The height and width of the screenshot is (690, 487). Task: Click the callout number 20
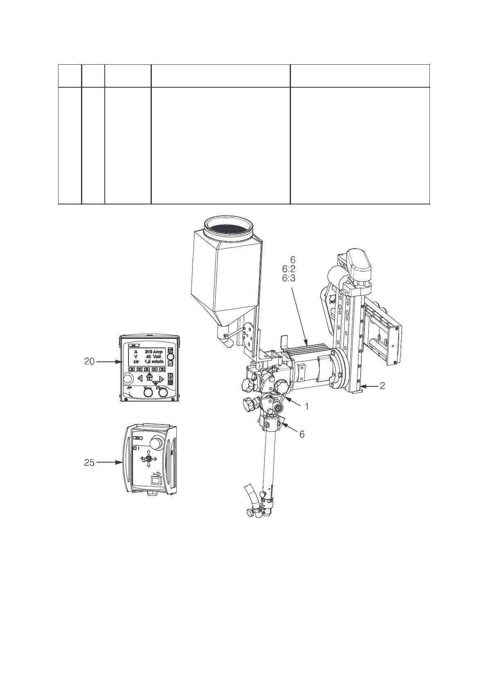point(89,361)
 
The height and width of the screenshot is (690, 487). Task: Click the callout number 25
point(89,463)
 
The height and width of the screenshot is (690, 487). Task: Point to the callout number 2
point(382,386)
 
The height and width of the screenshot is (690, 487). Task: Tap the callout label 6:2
point(289,269)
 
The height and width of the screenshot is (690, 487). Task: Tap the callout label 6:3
point(289,278)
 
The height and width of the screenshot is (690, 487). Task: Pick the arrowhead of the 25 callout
point(122,463)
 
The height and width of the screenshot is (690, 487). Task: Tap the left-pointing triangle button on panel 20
point(140,379)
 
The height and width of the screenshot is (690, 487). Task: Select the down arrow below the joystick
point(149,465)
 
